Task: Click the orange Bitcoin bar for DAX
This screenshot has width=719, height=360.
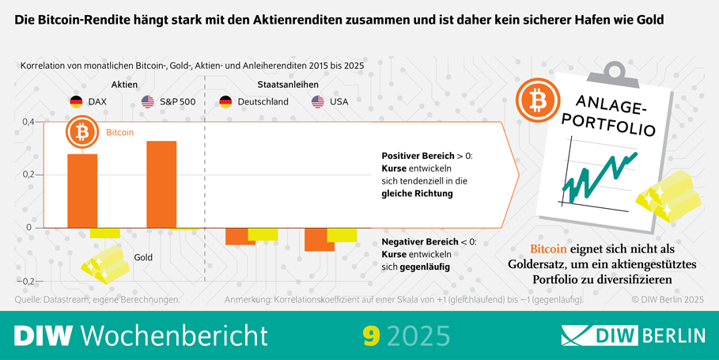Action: coord(82,190)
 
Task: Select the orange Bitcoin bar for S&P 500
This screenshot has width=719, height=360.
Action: coord(161,184)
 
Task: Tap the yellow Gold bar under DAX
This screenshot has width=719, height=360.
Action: coord(104,233)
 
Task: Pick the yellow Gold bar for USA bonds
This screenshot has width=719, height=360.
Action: coord(342,234)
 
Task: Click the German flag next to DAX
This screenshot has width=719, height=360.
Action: coord(76,101)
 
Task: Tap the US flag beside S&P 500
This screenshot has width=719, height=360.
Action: coord(148,101)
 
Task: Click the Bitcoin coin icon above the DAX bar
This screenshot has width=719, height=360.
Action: coord(81,132)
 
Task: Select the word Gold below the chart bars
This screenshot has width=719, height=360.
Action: coord(143,257)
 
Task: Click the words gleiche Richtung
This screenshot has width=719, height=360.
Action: coord(417,193)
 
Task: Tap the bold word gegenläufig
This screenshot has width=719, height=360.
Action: coord(424,267)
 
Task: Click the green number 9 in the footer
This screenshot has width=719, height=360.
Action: coord(369,335)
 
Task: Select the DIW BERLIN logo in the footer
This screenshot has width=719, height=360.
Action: coord(633,335)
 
